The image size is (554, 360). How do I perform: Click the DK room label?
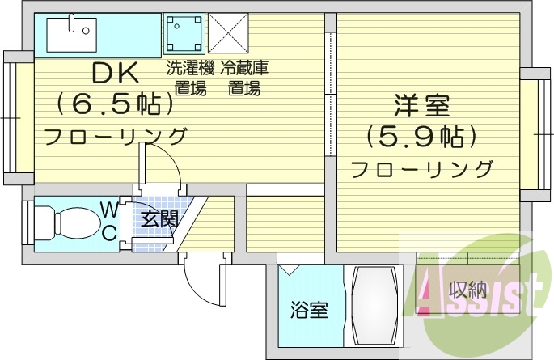pos(115,74)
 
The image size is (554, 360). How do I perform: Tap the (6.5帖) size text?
pos(115,104)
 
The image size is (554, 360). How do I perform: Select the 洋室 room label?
pos(421,106)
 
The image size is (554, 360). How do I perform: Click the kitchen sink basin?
pos(70,34)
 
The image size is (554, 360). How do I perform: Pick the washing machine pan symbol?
pos(185,34)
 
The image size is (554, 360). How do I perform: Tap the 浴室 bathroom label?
pos(309,309)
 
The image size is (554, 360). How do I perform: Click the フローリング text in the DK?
pos(115,135)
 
